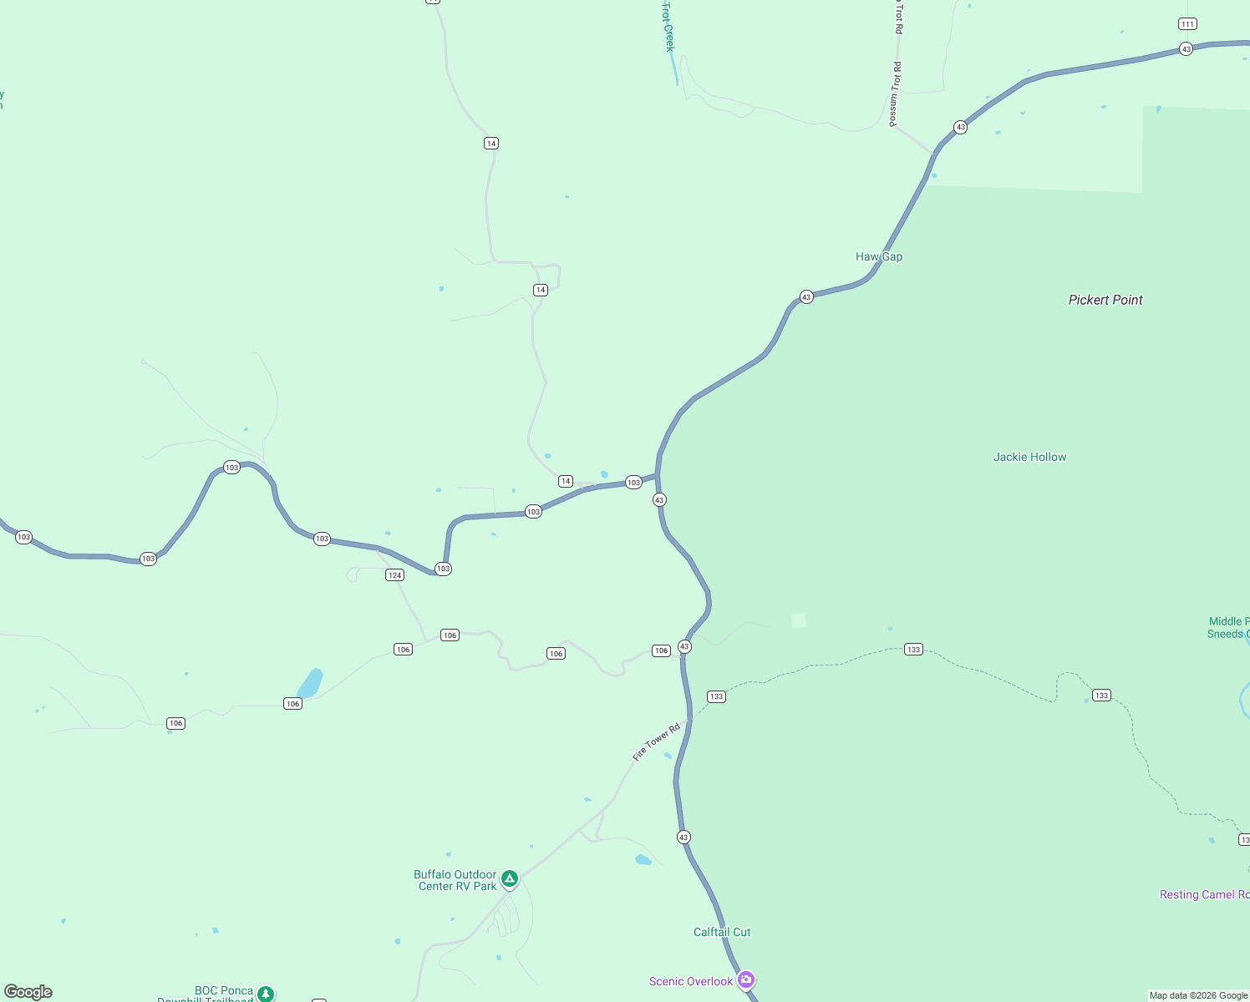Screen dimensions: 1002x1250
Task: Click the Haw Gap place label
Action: point(879,256)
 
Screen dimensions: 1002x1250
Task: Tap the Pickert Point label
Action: point(1105,300)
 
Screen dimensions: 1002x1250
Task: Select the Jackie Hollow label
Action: point(1029,457)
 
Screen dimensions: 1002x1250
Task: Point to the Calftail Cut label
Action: point(722,932)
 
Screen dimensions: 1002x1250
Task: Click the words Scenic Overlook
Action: point(691,981)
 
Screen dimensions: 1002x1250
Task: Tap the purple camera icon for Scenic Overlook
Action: point(746,979)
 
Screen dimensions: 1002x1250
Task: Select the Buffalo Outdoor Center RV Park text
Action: point(456,880)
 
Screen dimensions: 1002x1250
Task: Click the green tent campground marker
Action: point(510,878)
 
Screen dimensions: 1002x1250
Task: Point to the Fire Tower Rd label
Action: point(657,741)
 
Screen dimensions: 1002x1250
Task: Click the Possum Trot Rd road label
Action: point(895,94)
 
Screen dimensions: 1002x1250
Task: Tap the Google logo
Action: point(28,991)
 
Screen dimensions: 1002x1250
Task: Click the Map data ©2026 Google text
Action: point(1198,995)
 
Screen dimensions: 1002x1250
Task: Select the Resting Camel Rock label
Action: point(1204,894)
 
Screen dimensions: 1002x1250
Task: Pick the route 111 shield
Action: point(1187,23)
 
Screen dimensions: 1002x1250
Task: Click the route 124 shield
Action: point(395,574)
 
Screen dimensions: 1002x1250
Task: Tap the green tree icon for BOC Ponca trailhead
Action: point(266,993)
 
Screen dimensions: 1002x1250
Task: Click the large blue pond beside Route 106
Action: point(311,683)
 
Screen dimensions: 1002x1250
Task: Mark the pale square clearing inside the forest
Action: point(799,620)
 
